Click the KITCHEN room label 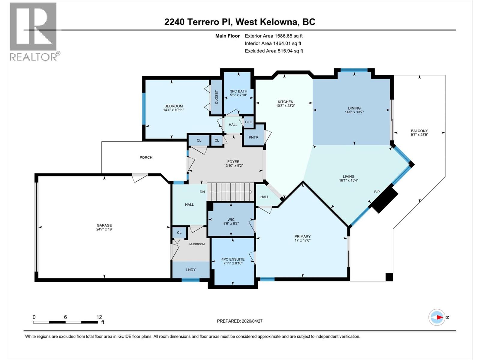pyautogui.click(x=285, y=102)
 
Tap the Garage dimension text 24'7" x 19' pyautogui.click(x=104, y=229)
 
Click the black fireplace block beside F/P pyautogui.click(x=385, y=199)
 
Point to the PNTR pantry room pyautogui.click(x=253, y=137)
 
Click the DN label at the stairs pyautogui.click(x=202, y=192)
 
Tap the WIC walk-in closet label pyautogui.click(x=231, y=220)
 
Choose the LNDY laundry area pyautogui.click(x=191, y=270)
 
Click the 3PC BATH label pyautogui.click(x=238, y=91)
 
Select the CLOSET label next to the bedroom pyautogui.click(x=216, y=97)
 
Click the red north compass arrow pyautogui.click(x=439, y=317)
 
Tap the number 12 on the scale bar pyautogui.click(x=99, y=317)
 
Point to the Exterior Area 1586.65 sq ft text pyautogui.click(x=274, y=36)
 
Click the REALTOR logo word pyautogui.click(x=34, y=57)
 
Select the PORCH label pyautogui.click(x=146, y=157)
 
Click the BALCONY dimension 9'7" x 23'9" pyautogui.click(x=419, y=135)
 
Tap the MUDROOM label pyautogui.click(x=197, y=244)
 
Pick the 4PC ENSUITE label pyautogui.click(x=233, y=259)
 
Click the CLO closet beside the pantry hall pyautogui.click(x=249, y=122)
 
